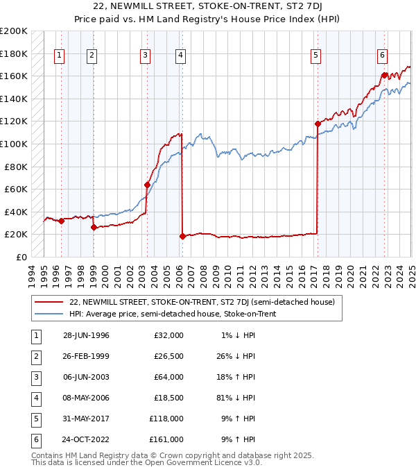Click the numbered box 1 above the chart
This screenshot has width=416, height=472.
(59, 56)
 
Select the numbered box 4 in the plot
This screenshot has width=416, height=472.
(180, 56)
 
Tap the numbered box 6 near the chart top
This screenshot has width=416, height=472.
(382, 56)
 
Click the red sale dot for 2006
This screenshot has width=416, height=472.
(182, 236)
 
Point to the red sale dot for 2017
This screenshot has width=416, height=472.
(318, 124)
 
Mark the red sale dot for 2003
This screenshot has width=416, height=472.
(147, 185)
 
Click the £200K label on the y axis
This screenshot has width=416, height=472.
(14, 31)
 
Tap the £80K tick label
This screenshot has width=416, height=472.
(16, 167)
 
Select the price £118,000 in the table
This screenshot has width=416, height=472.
(166, 419)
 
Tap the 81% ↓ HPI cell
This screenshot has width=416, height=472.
(236, 398)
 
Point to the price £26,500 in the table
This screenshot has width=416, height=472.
(168, 356)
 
